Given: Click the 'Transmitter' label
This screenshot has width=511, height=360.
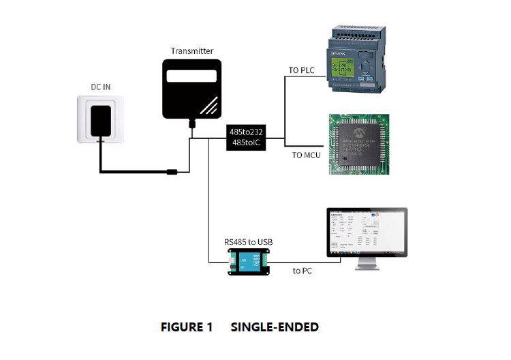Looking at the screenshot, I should pyautogui.click(x=192, y=51).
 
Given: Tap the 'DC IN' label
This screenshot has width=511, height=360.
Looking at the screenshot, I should pyautogui.click(x=101, y=87).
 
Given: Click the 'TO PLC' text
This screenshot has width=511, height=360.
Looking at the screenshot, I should pyautogui.click(x=301, y=71).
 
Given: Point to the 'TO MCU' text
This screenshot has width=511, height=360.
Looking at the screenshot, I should pyautogui.click(x=306, y=155).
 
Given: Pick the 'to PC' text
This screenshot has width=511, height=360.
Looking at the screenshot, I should pyautogui.click(x=303, y=271).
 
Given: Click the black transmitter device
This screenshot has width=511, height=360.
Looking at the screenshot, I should pyautogui.click(x=192, y=89).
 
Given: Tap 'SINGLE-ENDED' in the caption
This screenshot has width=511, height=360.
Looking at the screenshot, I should pyautogui.click(x=275, y=327).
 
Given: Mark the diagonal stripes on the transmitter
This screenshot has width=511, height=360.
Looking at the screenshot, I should pyautogui.click(x=209, y=105).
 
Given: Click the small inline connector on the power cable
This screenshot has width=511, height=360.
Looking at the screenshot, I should pyautogui.click(x=173, y=172).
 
